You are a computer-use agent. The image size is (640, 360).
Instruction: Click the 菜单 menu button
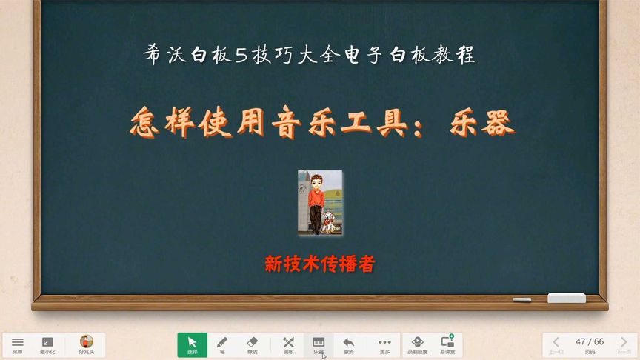[x=18, y=344]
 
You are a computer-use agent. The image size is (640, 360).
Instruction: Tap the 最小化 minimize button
[x=47, y=344]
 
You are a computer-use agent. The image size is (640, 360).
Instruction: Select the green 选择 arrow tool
[x=192, y=344]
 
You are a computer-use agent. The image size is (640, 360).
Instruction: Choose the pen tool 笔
[x=221, y=344]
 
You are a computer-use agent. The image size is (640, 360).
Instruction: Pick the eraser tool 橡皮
[x=251, y=344]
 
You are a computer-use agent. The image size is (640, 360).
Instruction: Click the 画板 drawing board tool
[x=289, y=344]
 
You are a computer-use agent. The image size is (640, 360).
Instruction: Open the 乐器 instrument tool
[x=319, y=344]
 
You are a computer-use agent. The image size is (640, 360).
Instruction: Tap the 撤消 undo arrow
[x=348, y=344]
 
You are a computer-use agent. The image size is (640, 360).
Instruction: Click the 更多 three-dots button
[x=384, y=344]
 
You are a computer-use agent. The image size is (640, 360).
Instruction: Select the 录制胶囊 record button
[x=417, y=344]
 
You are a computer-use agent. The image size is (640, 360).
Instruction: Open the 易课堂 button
[x=447, y=344]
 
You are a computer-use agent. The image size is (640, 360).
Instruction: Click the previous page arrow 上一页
[x=556, y=344]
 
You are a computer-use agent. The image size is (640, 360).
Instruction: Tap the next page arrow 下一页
[x=623, y=344]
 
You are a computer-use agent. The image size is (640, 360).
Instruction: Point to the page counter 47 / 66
[x=590, y=341]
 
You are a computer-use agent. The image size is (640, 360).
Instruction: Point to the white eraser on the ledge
[x=566, y=298]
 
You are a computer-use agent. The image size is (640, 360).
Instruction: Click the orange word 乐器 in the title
[x=481, y=123]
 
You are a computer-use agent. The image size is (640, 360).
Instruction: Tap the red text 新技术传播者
[x=320, y=264]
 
